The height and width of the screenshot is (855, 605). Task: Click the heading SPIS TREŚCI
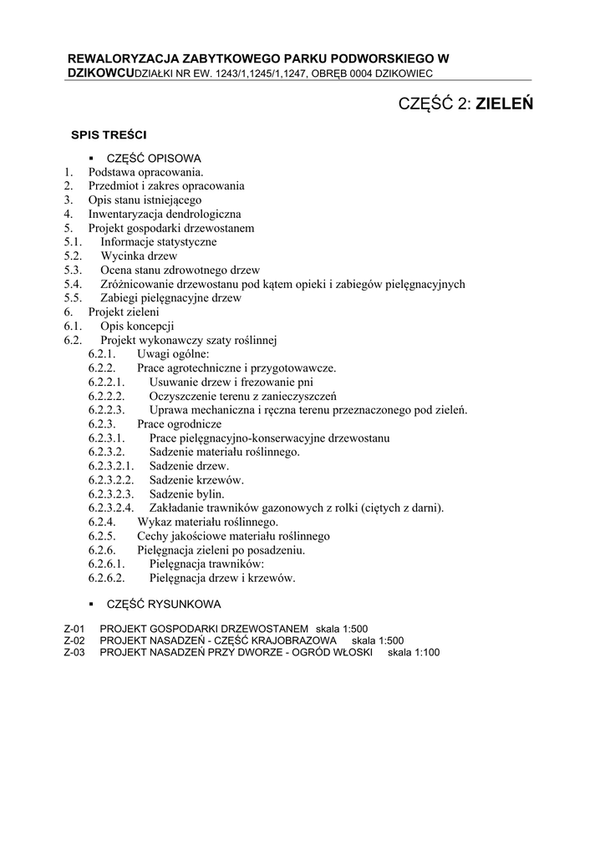(109, 134)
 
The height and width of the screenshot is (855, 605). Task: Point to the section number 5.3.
(73, 270)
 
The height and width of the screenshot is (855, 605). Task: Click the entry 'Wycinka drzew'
(139, 255)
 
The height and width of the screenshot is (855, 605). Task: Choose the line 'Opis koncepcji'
(137, 326)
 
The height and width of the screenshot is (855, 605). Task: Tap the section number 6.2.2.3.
(107, 410)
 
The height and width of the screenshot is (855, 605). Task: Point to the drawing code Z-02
(74, 640)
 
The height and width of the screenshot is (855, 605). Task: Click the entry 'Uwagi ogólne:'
(174, 354)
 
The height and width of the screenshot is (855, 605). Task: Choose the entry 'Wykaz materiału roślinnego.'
(207, 522)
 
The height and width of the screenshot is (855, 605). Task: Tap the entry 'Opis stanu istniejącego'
(145, 200)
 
